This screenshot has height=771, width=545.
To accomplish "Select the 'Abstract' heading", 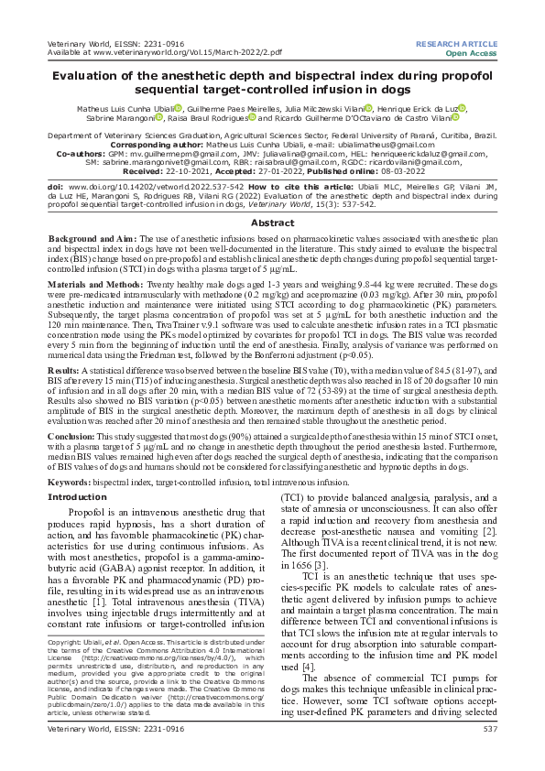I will coord(272,223).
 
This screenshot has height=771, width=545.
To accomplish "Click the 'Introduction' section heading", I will coord(77,496).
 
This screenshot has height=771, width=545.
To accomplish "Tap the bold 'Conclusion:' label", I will coord(71,437).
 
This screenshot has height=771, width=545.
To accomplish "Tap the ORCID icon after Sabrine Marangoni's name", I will coord(158,117).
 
